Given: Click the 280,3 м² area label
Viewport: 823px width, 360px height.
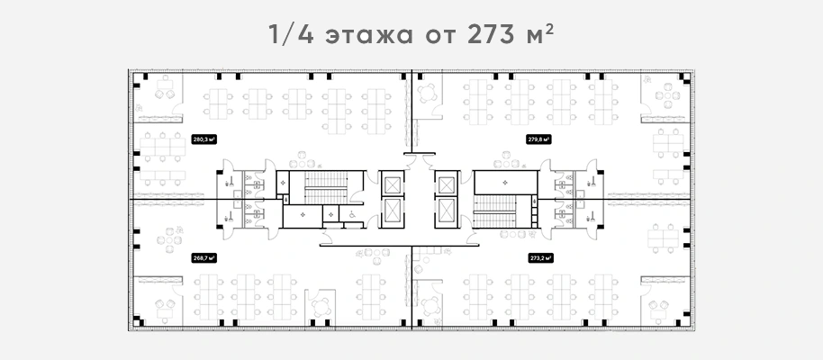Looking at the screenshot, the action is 204,139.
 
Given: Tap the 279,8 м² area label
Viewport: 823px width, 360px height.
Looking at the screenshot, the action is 539,139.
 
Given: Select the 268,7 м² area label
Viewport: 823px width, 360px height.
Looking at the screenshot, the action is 204,258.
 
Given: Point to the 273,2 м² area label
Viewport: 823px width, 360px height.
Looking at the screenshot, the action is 539,258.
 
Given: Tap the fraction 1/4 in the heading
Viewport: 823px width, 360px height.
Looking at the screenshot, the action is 292,35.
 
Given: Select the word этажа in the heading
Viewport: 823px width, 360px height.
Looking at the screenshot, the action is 369,38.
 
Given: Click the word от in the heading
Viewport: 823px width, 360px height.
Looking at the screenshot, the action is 439,38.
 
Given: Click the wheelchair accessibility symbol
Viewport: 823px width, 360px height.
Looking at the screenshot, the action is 350,214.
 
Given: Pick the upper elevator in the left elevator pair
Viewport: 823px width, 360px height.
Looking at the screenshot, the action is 392,185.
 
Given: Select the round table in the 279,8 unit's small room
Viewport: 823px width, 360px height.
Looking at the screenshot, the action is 427,93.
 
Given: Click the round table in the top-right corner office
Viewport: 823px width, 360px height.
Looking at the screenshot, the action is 667,95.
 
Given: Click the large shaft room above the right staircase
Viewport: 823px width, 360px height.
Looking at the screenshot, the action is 505,183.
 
